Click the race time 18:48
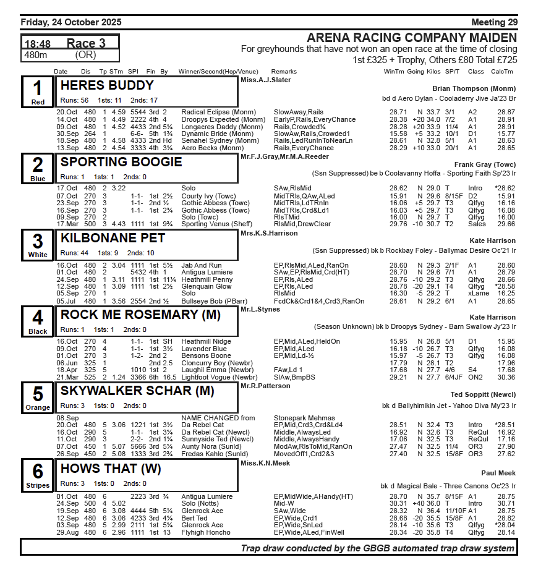[x=37, y=44]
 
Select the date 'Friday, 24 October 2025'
[x=71, y=22]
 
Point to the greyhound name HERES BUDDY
[x=107, y=85]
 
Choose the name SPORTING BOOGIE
[x=121, y=162]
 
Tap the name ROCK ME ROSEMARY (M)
[x=140, y=315]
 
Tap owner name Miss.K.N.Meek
[x=265, y=462]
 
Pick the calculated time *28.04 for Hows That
[x=505, y=525]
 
